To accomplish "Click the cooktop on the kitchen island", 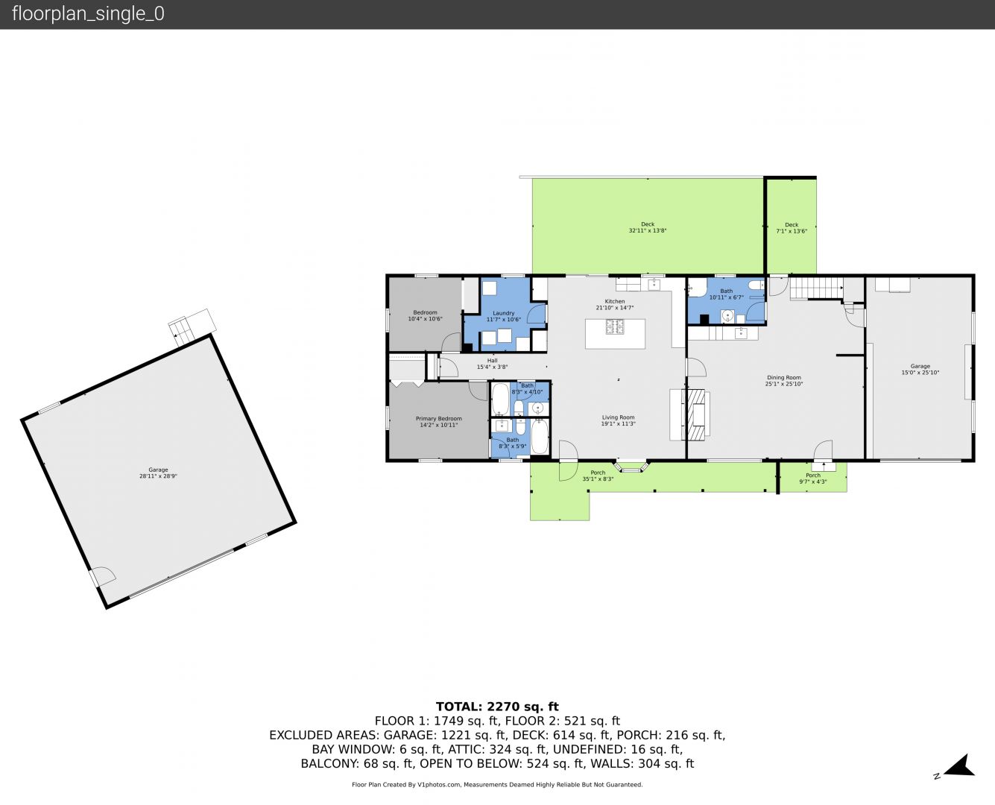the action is (614, 326).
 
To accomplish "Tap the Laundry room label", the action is (504, 313).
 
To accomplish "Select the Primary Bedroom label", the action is (439, 419).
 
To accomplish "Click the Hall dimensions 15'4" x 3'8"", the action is (492, 367).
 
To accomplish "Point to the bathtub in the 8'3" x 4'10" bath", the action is (500, 399).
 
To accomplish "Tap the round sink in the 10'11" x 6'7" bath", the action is (727, 316).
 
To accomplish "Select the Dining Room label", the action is (784, 377).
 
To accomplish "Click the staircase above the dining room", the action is (817, 288).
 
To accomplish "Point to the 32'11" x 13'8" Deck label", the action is (648, 227).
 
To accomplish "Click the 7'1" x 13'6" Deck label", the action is (792, 227).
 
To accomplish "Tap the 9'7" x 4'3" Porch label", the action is (813, 479).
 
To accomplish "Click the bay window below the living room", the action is (631, 467).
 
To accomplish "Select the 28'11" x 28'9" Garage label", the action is (158, 473).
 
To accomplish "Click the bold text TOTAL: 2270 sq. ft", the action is (497, 707).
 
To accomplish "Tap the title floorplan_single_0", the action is (88, 13).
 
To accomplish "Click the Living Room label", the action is (618, 417).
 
